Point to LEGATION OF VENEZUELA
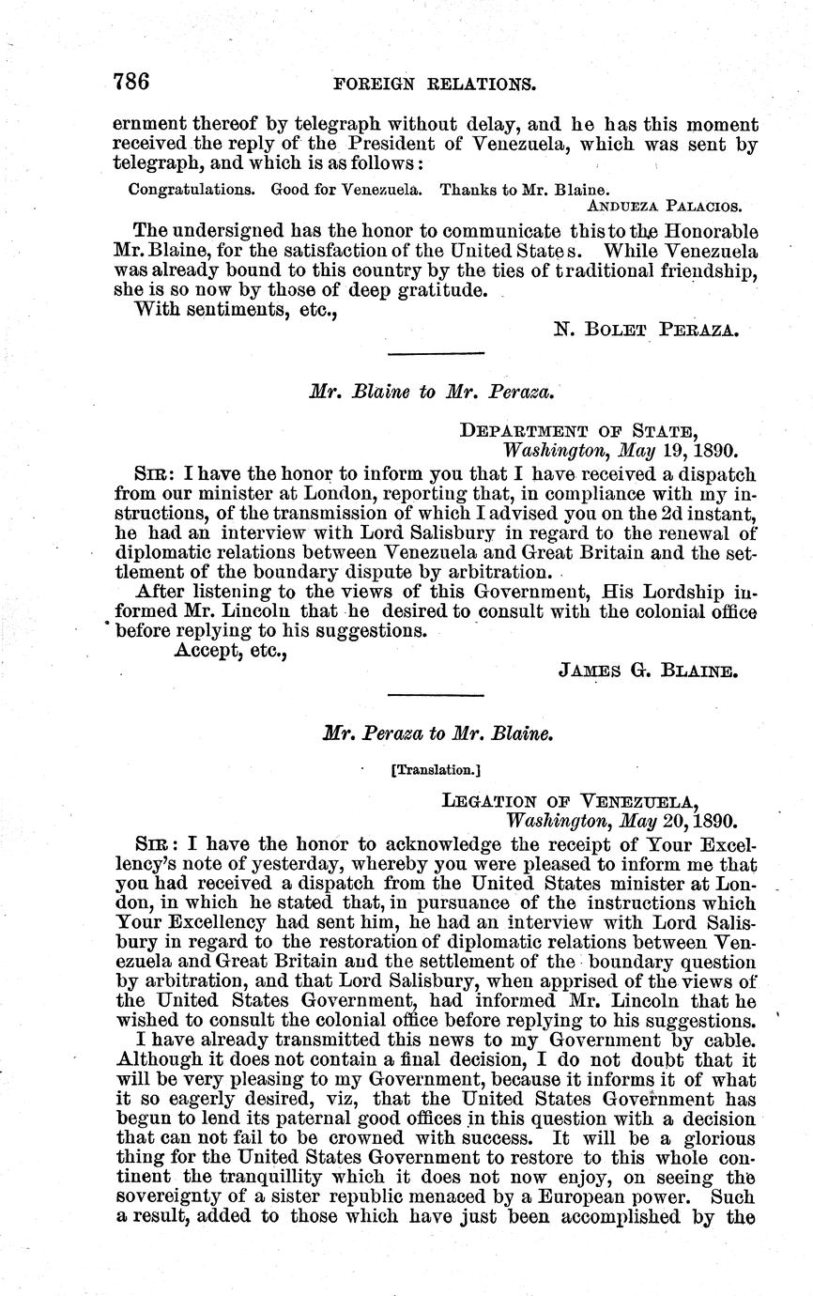(x=570, y=801)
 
